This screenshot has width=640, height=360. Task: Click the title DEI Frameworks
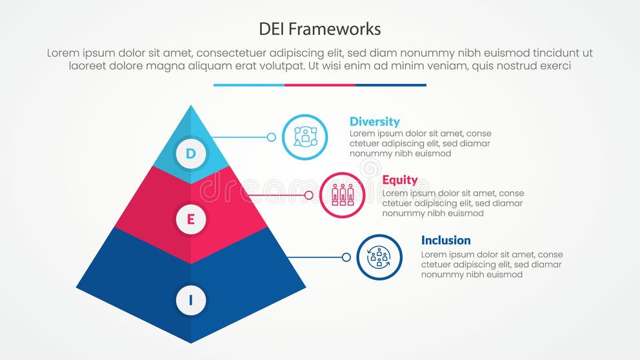(319, 29)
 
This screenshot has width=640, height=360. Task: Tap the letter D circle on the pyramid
(190, 154)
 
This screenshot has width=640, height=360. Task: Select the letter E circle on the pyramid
(190, 219)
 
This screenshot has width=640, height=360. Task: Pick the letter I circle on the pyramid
(190, 300)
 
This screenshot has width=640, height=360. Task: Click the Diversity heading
(374, 121)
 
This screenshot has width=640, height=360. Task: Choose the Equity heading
(400, 180)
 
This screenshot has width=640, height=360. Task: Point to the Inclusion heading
(446, 240)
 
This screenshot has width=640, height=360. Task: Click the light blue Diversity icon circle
(305, 137)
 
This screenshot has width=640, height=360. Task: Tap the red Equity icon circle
(342, 195)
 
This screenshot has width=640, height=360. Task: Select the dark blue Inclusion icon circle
(379, 257)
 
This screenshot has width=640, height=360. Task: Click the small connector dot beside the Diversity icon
(272, 137)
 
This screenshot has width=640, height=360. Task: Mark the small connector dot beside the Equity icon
(308, 195)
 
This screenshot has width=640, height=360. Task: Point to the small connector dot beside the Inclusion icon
(346, 257)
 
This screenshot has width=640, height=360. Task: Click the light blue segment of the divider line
(248, 85)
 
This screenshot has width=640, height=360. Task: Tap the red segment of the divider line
(320, 85)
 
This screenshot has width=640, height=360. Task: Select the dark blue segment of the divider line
(391, 85)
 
